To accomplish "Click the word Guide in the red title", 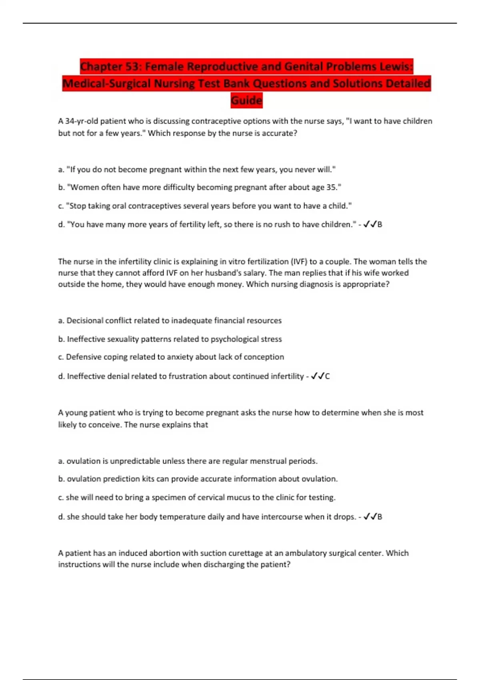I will [246, 100].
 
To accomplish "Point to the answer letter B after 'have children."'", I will [380, 224].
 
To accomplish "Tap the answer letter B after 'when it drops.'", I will [380, 517].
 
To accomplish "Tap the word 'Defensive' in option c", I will [83, 357].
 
